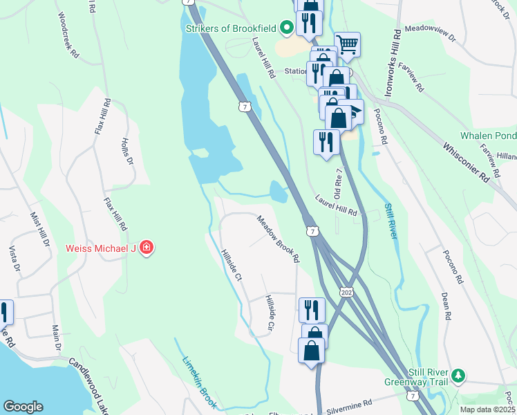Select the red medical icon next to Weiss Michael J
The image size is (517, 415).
(x=146, y=248)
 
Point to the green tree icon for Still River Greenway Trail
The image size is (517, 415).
(x=457, y=376)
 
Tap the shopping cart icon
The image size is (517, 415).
(x=347, y=45)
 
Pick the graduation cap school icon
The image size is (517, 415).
(x=354, y=111)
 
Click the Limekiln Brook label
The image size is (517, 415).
(x=200, y=382)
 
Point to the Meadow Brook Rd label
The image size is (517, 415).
(x=278, y=239)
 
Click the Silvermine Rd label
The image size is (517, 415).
(x=350, y=403)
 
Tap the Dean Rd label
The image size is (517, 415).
(x=446, y=305)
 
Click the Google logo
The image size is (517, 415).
(x=23, y=407)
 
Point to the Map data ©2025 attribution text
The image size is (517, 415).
(x=487, y=409)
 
